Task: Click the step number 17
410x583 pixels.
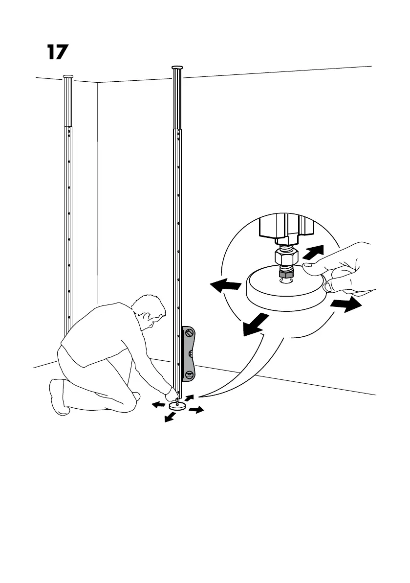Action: pyautogui.click(x=57, y=52)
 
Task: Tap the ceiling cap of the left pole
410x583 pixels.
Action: pyautogui.click(x=67, y=76)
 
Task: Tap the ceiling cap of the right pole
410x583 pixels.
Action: pyautogui.click(x=177, y=67)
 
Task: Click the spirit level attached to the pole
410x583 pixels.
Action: pyautogui.click(x=189, y=353)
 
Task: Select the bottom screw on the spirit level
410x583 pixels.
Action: pyautogui.click(x=189, y=374)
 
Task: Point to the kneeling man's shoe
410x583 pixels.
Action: pyautogui.click(x=57, y=396)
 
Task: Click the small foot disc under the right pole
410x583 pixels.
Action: pyautogui.click(x=176, y=406)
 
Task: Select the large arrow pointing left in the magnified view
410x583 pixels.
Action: pyautogui.click(x=225, y=286)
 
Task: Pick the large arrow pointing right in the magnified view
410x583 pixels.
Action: pyautogui.click(x=346, y=305)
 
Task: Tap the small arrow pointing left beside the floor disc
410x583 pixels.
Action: pyautogui.click(x=158, y=405)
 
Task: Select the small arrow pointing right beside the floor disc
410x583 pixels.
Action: pyautogui.click(x=195, y=409)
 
